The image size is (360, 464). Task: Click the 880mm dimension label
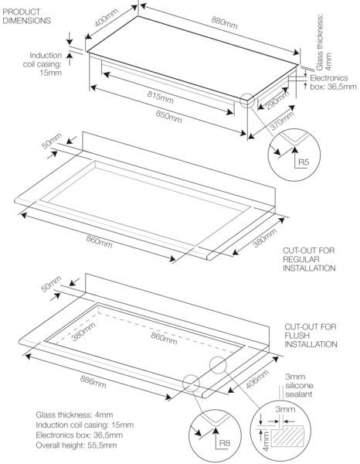pos(224,22)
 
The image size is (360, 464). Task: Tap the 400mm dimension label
pos(107,18)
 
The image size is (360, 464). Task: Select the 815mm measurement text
pos(160,97)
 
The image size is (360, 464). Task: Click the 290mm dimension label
pos(277,100)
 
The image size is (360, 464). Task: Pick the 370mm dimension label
pos(283,121)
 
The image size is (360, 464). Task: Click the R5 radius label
pos(304,162)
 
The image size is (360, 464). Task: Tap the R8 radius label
pos(225,442)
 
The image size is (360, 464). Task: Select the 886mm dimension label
pos(93,382)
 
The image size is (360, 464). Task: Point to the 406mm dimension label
pos(257,379)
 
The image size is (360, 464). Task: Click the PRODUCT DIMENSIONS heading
pos(26,16)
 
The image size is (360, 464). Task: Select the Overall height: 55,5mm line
pos(76,445)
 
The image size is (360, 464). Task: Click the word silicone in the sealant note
pos(300,386)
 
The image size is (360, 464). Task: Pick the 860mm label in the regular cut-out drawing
pos(100,241)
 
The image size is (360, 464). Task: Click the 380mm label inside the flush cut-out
pos(83,332)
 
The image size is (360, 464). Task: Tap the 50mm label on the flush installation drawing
pos(51,284)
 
